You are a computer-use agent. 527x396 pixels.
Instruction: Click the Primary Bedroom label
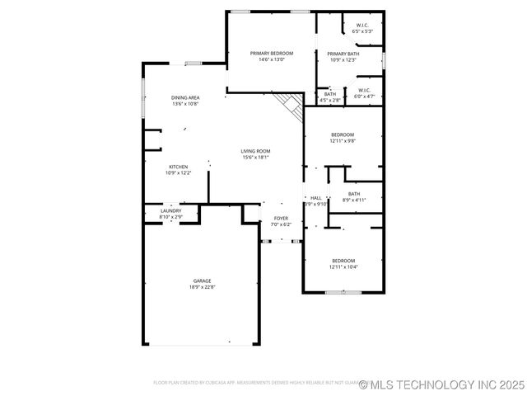pos(272,53)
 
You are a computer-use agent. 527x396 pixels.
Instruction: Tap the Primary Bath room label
pos(343,54)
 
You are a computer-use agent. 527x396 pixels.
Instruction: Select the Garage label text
pos(203,281)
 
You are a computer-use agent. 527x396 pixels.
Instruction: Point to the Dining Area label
pos(185,97)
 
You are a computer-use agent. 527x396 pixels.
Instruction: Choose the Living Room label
pos(255,151)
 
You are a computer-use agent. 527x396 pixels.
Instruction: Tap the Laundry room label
pos(170,211)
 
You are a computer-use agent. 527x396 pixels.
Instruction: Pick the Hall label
pos(316,198)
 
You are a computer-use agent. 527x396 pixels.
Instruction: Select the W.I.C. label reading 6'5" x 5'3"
pos(362,26)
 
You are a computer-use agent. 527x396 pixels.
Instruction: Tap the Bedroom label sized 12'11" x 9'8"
pos(343,134)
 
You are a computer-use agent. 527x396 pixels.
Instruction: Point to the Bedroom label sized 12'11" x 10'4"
pos(343,261)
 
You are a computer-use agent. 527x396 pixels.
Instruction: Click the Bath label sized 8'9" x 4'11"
pos(354,194)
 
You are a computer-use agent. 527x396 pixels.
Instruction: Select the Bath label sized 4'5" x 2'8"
pos(329,94)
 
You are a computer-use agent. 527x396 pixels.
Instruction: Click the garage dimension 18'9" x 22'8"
pos(203,287)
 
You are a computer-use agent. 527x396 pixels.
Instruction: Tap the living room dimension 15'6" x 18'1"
pos(255,157)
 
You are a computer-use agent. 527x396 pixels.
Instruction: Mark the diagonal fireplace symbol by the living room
pos(290,104)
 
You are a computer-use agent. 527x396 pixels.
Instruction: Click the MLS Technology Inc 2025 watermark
pos(441,384)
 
